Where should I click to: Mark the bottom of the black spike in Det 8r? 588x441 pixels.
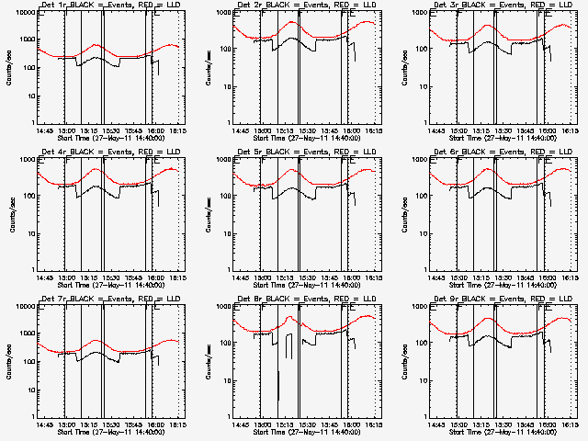278,400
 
